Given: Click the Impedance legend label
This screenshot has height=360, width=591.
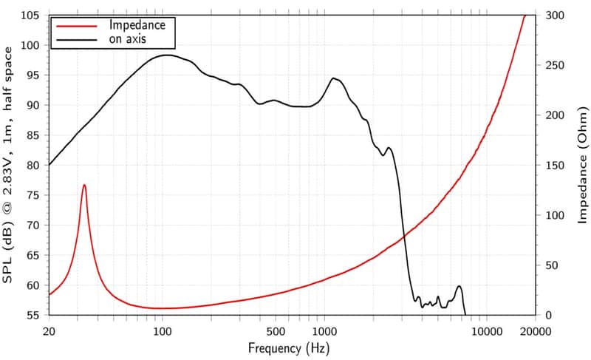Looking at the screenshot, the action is point(137,25).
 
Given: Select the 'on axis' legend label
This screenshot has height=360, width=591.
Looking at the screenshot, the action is point(127,39).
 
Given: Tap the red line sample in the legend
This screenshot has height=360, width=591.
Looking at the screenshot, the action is point(77,26).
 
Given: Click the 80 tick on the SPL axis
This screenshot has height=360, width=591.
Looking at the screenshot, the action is point(33,165).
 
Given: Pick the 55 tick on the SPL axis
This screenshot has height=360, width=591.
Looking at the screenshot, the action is point(33,315).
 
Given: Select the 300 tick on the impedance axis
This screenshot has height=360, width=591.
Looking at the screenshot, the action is point(555,16).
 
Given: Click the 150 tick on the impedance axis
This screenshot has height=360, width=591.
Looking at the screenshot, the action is point(555,165).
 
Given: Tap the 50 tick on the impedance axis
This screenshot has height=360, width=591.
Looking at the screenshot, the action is point(552,265).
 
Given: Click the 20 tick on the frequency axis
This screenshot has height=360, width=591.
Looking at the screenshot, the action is point(49,332).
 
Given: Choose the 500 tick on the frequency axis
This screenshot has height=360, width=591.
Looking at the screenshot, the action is point(276,332).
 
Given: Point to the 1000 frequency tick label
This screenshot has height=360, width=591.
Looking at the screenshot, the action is point(324,332).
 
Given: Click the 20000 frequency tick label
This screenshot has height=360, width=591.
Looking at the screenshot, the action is point(536,332).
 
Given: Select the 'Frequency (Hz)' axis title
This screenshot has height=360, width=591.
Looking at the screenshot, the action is point(289,348).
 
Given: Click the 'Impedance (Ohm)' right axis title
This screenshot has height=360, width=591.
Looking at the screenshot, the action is point(583,165).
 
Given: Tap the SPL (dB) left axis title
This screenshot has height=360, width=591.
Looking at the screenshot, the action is point(8,165).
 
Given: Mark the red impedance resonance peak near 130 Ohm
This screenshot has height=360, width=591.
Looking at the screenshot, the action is point(84,185).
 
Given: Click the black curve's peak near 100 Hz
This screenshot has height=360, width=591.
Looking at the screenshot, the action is point(165,55).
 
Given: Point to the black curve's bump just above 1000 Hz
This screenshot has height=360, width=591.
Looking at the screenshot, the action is point(334,78).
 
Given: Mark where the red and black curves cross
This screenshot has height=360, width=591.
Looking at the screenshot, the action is point(404,237).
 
